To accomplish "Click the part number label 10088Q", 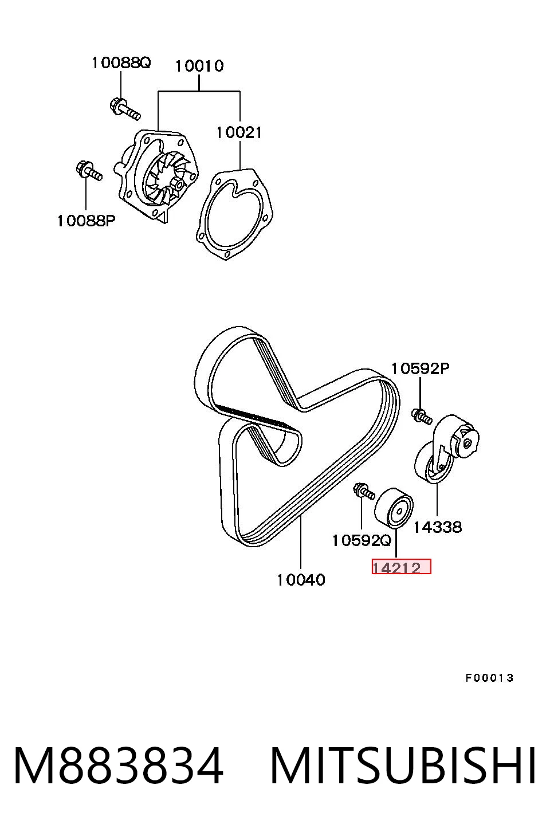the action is pyautogui.click(x=121, y=63).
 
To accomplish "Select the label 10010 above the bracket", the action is pyautogui.click(x=199, y=66).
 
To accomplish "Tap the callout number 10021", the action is pyautogui.click(x=239, y=132).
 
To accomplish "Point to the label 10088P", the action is pyautogui.click(x=86, y=221).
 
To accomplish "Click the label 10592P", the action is pyautogui.click(x=421, y=368).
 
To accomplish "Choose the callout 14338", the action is pyautogui.click(x=438, y=527).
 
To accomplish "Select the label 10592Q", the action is pyautogui.click(x=362, y=540).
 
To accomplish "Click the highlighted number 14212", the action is pyautogui.click(x=396, y=568).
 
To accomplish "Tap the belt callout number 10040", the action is pyautogui.click(x=301, y=579).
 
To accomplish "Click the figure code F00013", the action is pyautogui.click(x=489, y=678).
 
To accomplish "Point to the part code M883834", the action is pyautogui.click(x=119, y=765).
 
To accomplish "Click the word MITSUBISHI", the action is pyautogui.click(x=403, y=765).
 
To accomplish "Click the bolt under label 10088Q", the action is pyautogui.click(x=125, y=108).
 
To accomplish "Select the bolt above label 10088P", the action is pyautogui.click(x=89, y=171).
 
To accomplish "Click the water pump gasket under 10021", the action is pyautogui.click(x=235, y=214).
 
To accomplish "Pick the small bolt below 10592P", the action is pyautogui.click(x=422, y=417).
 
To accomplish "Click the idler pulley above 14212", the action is pyautogui.click(x=394, y=508).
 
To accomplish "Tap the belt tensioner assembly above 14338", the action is pyautogui.click(x=446, y=449).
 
